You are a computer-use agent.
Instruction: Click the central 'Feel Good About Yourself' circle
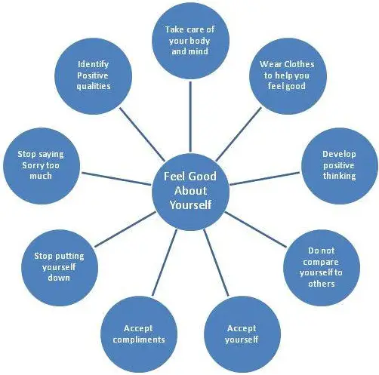pyautogui.click(x=190, y=192)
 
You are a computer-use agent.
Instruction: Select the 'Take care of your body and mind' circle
pyautogui.click(x=190, y=41)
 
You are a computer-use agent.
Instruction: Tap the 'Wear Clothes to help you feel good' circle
pyautogui.click(x=288, y=76)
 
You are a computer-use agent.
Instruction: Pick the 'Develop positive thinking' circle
pyautogui.click(x=340, y=166)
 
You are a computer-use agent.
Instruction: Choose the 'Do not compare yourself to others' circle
pyautogui.click(x=322, y=268)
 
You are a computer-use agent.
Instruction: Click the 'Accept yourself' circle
pyautogui.click(x=242, y=334)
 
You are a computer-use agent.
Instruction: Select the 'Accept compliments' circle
pyautogui.click(x=139, y=334)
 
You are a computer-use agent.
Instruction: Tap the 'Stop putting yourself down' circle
pyautogui.click(x=60, y=268)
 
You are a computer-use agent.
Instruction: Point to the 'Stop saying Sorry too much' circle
pyautogui.click(x=42, y=166)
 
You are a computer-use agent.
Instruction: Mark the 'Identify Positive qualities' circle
pyautogui.click(x=94, y=76)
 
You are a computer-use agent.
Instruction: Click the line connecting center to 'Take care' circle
pyautogui.click(x=190, y=117)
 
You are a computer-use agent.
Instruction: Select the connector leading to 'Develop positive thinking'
pyautogui.click(x=265, y=179)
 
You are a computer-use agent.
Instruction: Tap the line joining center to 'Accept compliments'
pyautogui.click(x=165, y=263)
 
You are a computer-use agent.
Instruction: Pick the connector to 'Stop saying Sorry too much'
pyautogui.click(x=116, y=179)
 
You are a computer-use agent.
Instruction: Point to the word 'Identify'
pyautogui.click(x=94, y=64)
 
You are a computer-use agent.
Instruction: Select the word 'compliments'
pyautogui.click(x=139, y=340)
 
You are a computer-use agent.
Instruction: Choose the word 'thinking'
pyautogui.click(x=340, y=176)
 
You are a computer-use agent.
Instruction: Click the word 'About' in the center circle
pyautogui.click(x=190, y=191)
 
